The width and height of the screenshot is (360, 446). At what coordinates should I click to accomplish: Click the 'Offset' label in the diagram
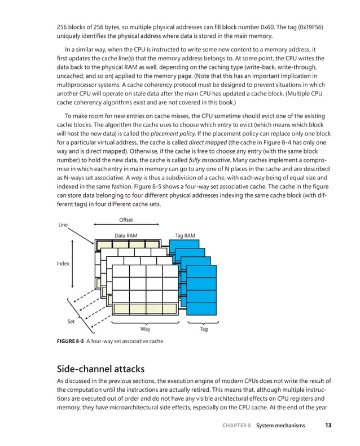(126, 220)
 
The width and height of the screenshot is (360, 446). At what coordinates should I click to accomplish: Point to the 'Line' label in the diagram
(63, 225)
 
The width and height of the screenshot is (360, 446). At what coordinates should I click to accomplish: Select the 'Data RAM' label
(126, 235)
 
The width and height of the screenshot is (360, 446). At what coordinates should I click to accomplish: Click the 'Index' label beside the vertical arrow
(63, 264)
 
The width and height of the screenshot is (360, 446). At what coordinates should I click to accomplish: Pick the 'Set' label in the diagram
(71, 321)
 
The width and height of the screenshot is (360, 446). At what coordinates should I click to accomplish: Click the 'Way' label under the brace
(145, 329)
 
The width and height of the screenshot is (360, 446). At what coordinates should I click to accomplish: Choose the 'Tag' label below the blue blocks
(204, 329)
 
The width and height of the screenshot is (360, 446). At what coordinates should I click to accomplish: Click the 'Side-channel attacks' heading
(105, 369)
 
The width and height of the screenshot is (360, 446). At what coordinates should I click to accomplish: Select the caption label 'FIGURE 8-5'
(69, 341)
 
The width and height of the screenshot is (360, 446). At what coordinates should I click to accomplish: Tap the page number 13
(328, 425)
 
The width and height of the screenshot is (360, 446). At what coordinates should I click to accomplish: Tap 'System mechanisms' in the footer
(280, 425)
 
